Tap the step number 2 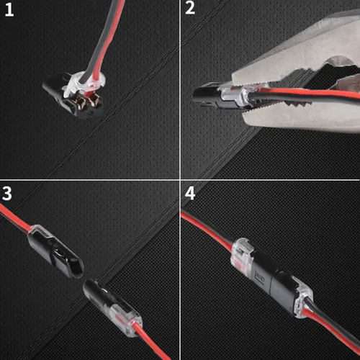point(190,10)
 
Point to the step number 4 point(190,194)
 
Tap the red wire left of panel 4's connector point(209,230)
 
